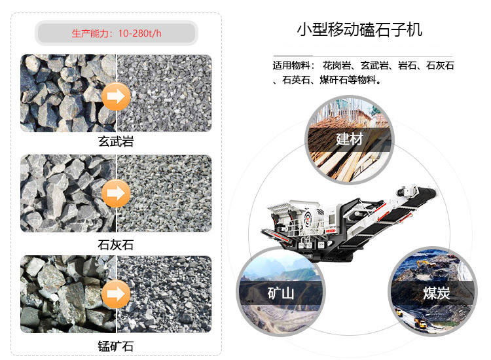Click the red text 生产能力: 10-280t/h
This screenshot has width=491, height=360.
point(115,33)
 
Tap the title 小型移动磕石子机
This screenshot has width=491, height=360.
point(359,30)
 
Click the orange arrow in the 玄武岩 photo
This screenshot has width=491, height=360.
point(116,97)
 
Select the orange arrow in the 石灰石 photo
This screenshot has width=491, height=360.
point(116,194)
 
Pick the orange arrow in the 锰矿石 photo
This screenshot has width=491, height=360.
point(116,293)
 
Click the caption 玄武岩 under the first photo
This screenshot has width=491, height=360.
point(115,141)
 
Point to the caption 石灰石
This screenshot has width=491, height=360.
point(115,245)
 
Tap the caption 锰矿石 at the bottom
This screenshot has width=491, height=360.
point(115,345)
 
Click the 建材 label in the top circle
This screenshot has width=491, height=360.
point(349,139)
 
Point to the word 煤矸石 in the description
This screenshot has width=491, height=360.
point(335,81)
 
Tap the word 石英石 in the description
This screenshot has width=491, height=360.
point(296,81)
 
